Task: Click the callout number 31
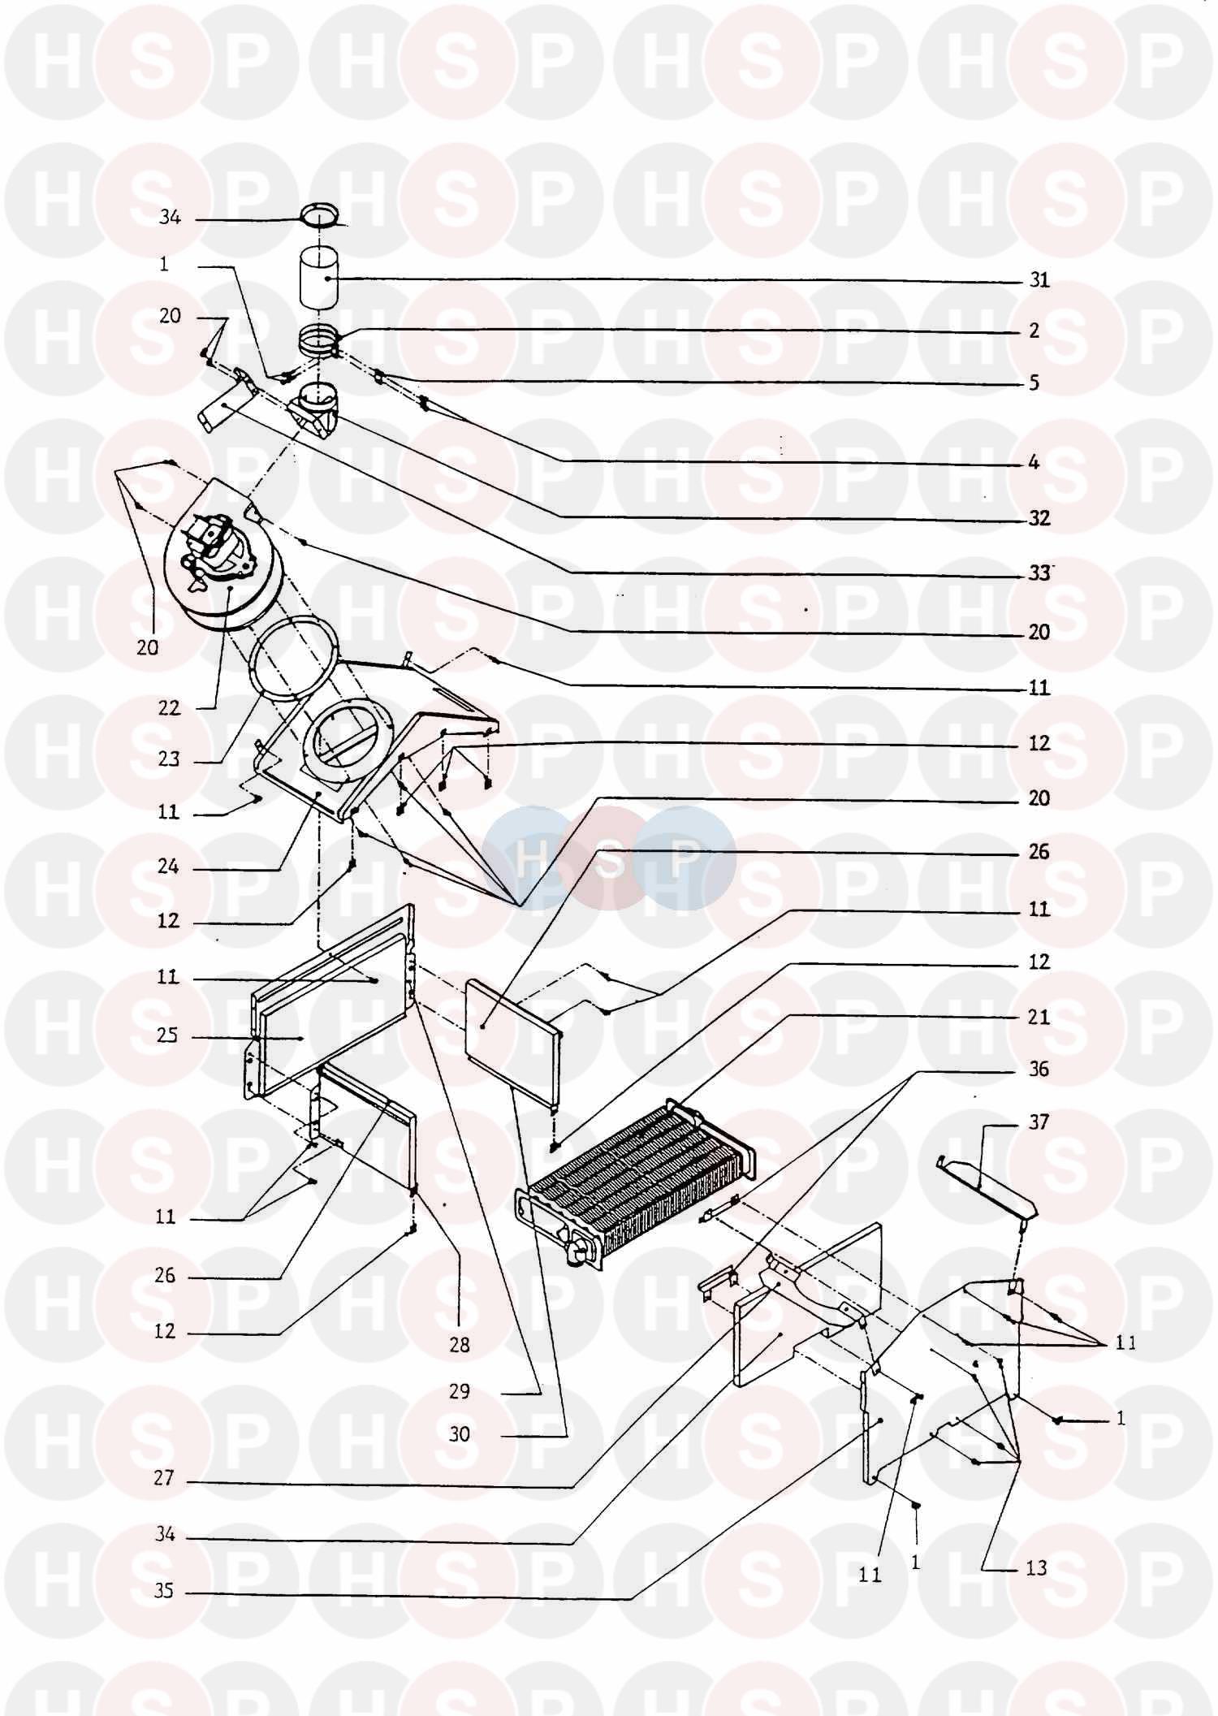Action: [1039, 280]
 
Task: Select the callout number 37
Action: [1039, 1122]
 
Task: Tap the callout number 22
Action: [169, 708]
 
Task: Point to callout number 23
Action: [169, 760]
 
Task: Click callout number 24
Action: [168, 867]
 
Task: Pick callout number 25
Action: [167, 1036]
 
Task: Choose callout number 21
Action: [1039, 1017]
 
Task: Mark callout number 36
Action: [1039, 1070]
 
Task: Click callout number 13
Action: [1037, 1568]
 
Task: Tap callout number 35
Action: [164, 1591]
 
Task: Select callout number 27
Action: [164, 1478]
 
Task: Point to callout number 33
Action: [1039, 573]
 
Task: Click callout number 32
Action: [1039, 518]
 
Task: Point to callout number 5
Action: [1034, 383]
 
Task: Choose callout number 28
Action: [460, 1346]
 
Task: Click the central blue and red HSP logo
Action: [609, 857]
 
